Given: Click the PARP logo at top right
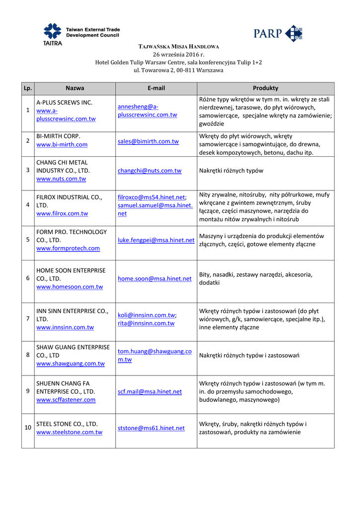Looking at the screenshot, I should pos(278,34).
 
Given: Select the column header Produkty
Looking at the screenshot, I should pos(265,88).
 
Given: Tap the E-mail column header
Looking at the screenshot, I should pos(156,88).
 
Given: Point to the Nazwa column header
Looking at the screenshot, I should pos(75,88).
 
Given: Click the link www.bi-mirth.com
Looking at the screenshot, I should pos(62,144).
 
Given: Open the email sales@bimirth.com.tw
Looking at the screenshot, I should pos(148,141).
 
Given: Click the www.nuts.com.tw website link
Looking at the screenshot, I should pos(61,179).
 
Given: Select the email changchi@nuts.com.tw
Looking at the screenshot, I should pos(149,171).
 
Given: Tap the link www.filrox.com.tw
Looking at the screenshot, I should pos(62,213).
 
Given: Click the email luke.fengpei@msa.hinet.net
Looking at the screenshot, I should pos(156,240).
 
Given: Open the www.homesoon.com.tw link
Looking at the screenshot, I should pos(70,287).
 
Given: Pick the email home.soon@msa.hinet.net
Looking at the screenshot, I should pos(154,279).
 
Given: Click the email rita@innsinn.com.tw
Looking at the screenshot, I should pos(146,323).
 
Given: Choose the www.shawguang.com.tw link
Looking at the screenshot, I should pos(71,364).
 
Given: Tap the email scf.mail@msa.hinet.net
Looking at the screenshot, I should pos(149,391).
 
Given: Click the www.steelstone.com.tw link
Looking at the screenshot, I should pos(70,432).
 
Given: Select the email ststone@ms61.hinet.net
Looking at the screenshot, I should pos(151,428).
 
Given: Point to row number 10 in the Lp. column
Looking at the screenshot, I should pos(28,428).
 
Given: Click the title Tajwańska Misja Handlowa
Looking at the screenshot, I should pos(178,47).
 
